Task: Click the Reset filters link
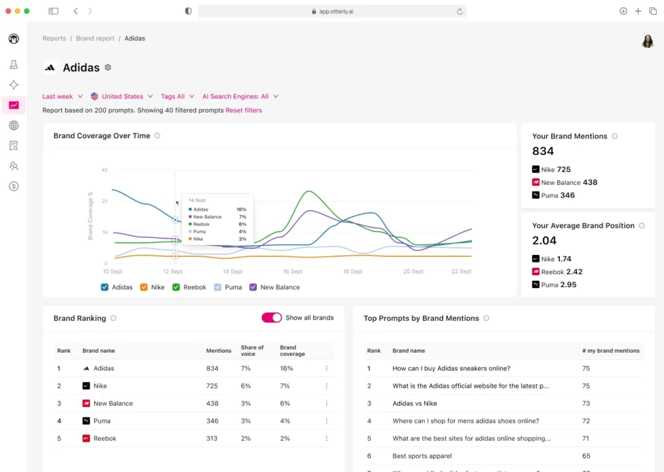pos(244,110)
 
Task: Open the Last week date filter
pos(62,97)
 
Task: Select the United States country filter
pos(122,97)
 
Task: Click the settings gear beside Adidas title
pos(108,67)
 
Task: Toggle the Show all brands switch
pos(272,318)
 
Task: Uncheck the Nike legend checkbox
pos(144,287)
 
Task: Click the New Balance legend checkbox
pos(254,287)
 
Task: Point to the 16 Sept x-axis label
pos(292,272)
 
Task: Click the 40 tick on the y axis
pos(104,170)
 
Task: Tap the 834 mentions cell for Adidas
pos(213,368)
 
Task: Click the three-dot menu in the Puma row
pos(326,421)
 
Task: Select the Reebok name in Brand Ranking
pos(104,438)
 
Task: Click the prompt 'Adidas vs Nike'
pos(414,403)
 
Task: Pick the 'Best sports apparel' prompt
pos(422,456)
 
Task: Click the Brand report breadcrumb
pos(95,38)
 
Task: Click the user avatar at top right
pos(647,41)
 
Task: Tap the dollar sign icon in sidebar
pos(14,186)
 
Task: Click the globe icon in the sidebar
pos(14,126)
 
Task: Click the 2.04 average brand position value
pos(544,241)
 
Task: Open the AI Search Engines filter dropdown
pos(240,97)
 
